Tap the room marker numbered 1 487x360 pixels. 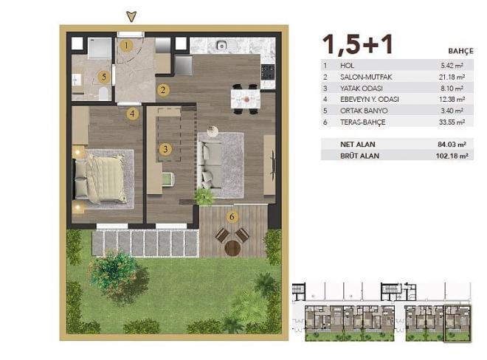(126, 46)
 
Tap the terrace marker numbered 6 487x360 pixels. (232, 217)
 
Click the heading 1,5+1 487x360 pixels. (357, 45)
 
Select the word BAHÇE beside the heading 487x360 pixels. (460, 52)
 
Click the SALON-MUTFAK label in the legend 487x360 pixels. (362, 76)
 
